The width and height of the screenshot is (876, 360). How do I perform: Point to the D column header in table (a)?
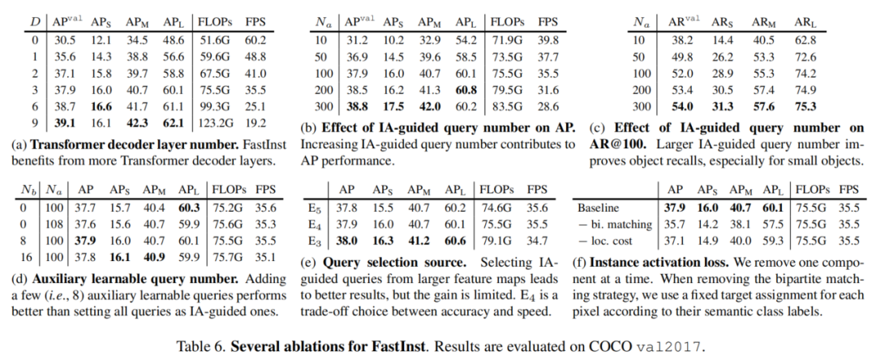[35, 22]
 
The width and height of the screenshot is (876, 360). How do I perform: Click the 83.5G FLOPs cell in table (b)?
[506, 107]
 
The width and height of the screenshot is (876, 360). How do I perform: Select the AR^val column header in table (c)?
[683, 22]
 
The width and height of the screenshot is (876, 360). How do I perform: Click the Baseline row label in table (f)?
[599, 208]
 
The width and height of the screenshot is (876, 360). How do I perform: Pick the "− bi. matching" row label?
[615, 224]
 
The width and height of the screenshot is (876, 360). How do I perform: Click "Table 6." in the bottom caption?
[201, 346]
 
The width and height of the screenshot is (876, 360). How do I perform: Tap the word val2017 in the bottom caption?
[676, 346]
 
